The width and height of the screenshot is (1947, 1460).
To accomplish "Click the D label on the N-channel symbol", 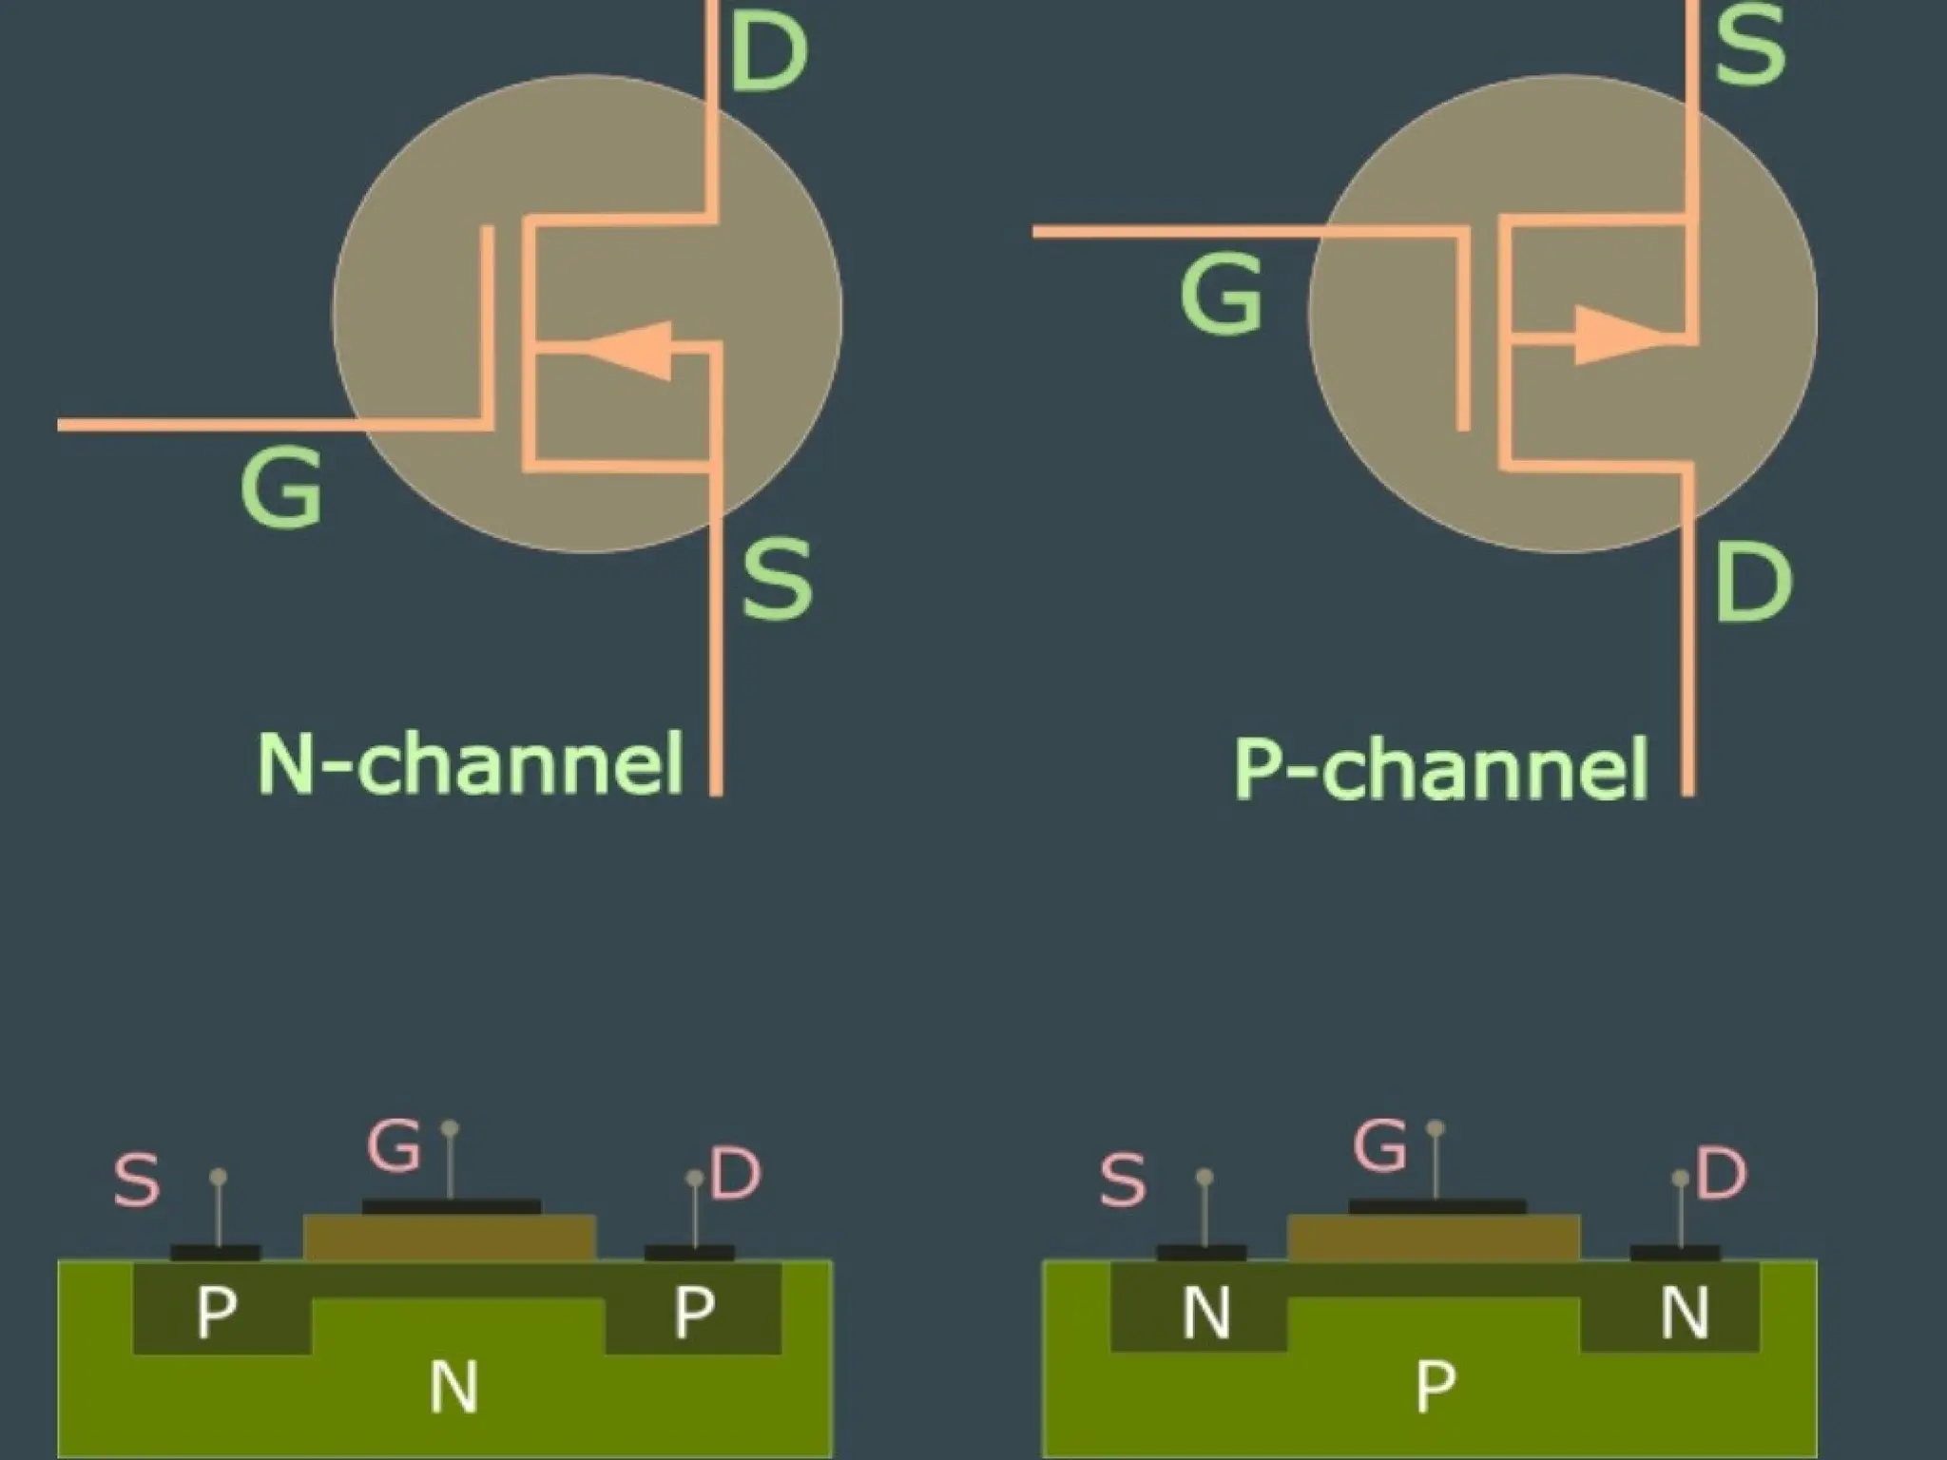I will pos(769,52).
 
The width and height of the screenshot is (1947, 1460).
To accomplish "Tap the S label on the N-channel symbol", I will pos(777,578).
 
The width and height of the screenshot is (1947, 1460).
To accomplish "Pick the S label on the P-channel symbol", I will pos(1750,45).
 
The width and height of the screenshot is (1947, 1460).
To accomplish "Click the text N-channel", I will pos(471,763).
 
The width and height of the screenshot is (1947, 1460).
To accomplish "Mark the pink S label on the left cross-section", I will pos(137,1180).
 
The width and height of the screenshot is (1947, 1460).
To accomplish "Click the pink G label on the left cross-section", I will pos(394,1145).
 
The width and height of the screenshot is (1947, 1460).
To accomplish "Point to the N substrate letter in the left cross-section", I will pos(453,1386).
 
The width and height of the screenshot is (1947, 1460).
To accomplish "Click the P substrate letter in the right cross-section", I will pos(1435,1386).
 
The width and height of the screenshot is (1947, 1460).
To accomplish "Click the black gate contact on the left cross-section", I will pos(452,1207).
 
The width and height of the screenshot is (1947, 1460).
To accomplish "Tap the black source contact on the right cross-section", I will pos(1202,1253).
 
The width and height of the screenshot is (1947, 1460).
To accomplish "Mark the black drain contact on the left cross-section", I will pos(689,1253).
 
